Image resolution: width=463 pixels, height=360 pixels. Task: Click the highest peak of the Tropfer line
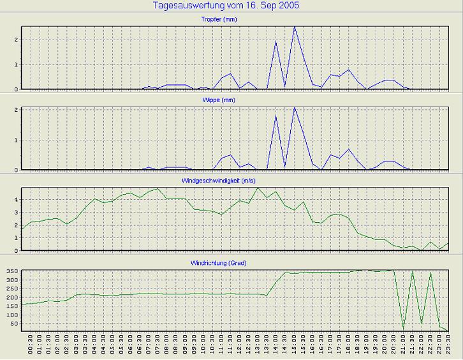294,27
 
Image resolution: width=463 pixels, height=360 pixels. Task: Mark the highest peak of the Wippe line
294,107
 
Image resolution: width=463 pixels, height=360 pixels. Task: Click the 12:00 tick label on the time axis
240,345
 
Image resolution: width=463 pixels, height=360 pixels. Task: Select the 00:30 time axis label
31,345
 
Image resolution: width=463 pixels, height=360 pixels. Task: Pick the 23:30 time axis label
449,345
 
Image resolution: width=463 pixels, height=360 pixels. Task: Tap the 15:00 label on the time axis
294,345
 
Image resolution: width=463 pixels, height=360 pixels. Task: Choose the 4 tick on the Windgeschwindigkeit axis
16,199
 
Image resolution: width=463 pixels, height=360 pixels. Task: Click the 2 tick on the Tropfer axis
16,40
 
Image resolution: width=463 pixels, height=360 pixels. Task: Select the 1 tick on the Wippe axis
16,140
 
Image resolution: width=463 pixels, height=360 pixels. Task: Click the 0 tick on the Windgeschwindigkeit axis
16,251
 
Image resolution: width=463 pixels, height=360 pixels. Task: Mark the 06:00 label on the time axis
131,345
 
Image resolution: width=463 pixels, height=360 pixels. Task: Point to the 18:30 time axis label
358,345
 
